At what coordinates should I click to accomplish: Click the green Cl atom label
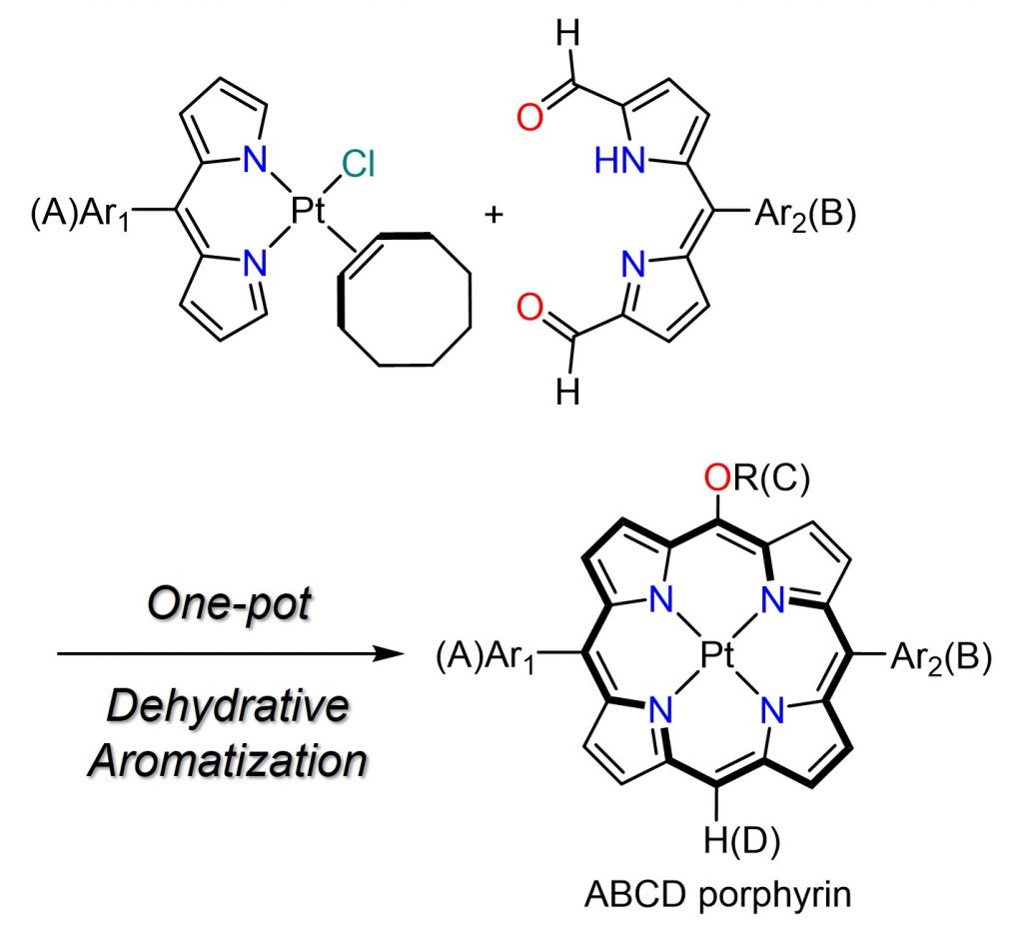pos(357,163)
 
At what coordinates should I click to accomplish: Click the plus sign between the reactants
pos(493,215)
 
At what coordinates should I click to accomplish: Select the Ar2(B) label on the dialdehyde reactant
pos(802,216)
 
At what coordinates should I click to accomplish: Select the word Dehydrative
pos(227,707)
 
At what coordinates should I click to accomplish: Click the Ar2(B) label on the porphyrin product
pos(937,659)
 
